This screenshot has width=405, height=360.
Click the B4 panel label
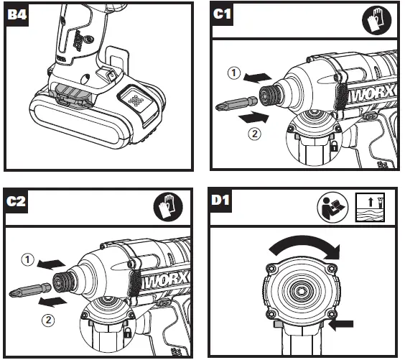tap(17, 14)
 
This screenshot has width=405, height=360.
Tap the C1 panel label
tap(222, 14)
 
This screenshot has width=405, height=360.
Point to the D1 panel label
tap(220, 200)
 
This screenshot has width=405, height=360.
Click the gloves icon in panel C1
tap(377, 20)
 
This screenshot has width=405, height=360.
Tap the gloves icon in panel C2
tap(168, 207)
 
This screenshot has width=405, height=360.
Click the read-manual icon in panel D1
tap(332, 207)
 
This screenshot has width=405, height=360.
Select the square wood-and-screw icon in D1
tap(370, 207)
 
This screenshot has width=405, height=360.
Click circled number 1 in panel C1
tap(234, 73)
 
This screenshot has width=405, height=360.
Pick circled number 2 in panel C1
tap(255, 134)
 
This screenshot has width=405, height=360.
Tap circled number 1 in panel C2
tap(27, 259)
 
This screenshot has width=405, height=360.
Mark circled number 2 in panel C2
tap(48, 320)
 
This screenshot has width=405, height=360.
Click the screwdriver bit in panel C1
tap(236, 103)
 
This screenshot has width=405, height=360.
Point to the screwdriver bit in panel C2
tap(30, 290)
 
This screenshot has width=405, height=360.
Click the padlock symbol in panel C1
tap(334, 147)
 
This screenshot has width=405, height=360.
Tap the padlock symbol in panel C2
tap(128, 333)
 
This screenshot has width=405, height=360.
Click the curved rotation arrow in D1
tap(304, 244)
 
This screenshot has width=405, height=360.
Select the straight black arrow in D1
tap(341, 324)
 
